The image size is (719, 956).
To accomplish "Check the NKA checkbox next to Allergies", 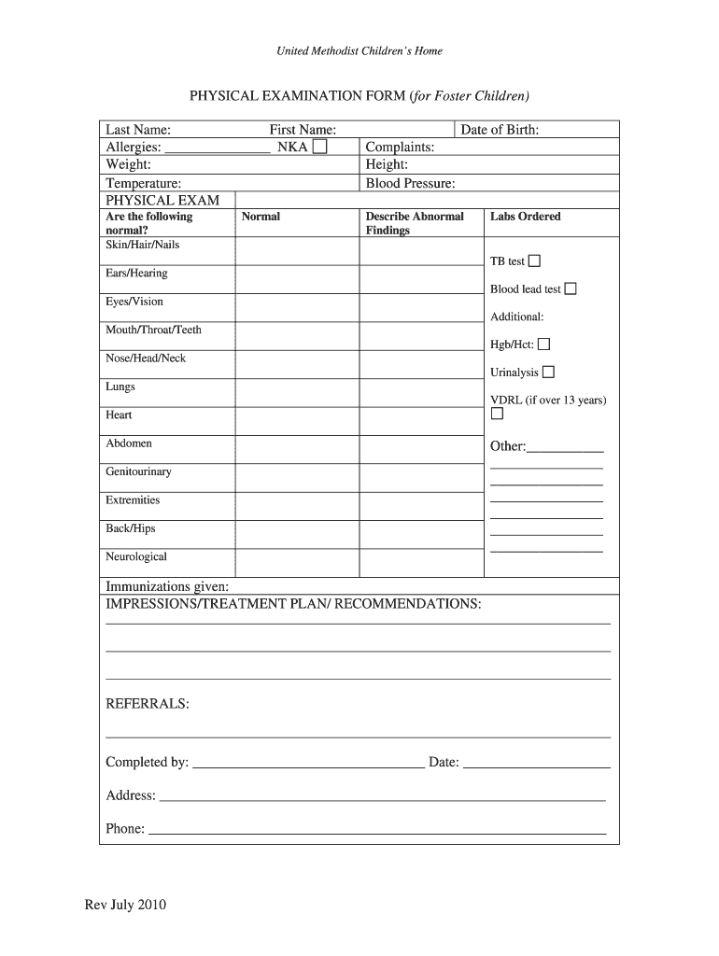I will click(320, 148).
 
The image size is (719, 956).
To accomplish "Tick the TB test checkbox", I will click(534, 260).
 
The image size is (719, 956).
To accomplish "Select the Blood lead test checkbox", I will click(571, 288).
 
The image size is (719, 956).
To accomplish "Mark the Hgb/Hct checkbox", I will click(543, 344).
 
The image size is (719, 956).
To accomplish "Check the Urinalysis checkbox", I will click(548, 373).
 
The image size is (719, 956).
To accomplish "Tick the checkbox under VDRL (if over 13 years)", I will click(497, 414).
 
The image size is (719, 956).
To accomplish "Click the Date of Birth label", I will click(500, 130).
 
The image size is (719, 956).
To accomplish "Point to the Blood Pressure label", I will click(410, 184).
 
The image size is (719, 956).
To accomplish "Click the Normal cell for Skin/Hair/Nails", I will click(297, 251).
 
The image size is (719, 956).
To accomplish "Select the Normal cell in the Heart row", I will click(297, 421).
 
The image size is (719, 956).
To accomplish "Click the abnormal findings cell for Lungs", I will click(421, 392).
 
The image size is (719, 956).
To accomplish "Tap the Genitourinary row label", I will click(138, 472).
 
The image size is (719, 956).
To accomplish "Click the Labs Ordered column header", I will click(525, 217).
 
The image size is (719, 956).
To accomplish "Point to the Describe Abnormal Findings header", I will click(415, 223).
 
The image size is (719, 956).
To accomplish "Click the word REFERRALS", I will click(148, 703).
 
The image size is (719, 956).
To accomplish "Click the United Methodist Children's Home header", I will click(359, 51).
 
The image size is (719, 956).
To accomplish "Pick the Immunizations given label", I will click(167, 586).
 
